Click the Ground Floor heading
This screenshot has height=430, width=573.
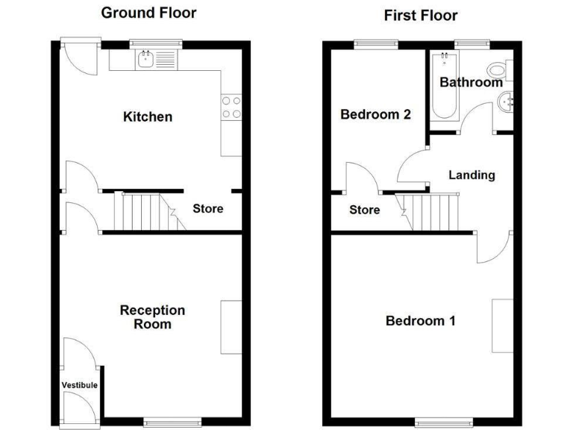click(148, 13)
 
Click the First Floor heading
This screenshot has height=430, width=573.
click(421, 15)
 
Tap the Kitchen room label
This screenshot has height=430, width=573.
click(148, 116)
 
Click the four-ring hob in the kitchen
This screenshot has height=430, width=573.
click(231, 108)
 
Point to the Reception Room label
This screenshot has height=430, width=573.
click(152, 317)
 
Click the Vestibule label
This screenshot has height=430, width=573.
click(79, 385)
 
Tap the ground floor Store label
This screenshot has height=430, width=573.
click(207, 208)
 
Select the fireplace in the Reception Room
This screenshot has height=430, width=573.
click(231, 327)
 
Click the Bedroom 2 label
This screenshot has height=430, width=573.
click(375, 114)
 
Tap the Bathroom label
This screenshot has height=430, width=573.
click(471, 82)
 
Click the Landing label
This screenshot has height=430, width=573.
click(472, 175)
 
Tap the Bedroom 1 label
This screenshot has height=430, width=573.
click(420, 321)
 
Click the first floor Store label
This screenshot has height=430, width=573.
click(365, 210)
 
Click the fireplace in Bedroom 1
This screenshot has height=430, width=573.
click(502, 325)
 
